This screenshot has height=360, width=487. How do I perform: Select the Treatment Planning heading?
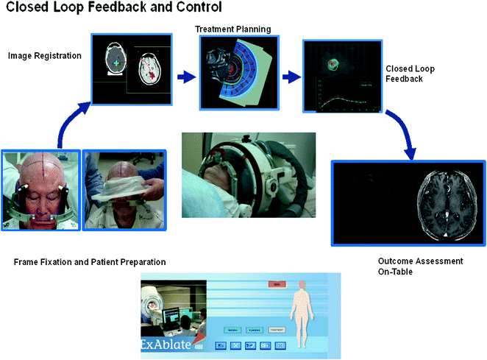coord(232,29)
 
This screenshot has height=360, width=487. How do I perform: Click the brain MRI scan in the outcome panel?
coord(447,199)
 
